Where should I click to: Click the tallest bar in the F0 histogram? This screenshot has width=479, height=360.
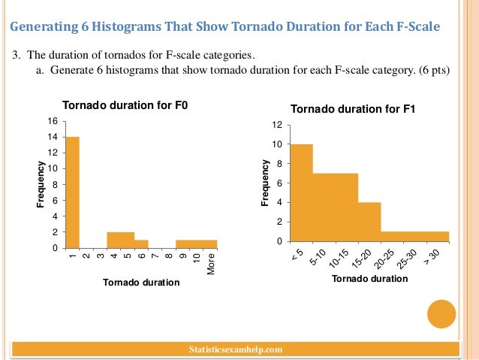(72, 192)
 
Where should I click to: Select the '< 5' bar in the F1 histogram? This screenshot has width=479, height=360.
(300, 192)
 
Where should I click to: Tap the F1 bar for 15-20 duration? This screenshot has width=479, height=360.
(369, 222)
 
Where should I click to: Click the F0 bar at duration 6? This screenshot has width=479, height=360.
(142, 244)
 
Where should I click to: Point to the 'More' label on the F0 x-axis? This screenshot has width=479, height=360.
(211, 263)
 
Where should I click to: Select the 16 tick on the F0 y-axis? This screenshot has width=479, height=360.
(53, 121)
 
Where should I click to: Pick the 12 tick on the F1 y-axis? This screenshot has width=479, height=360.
(277, 125)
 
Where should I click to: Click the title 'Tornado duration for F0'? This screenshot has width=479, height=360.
(124, 105)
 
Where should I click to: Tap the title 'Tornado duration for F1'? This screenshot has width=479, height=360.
(353, 109)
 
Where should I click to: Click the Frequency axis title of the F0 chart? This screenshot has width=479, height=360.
(41, 184)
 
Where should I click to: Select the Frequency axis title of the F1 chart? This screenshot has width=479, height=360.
(264, 183)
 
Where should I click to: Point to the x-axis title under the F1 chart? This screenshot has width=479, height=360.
(369, 279)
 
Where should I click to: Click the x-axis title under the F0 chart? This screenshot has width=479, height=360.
(141, 283)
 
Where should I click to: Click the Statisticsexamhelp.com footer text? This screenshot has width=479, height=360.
(238, 349)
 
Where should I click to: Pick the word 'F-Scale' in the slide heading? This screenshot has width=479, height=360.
(413, 29)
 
